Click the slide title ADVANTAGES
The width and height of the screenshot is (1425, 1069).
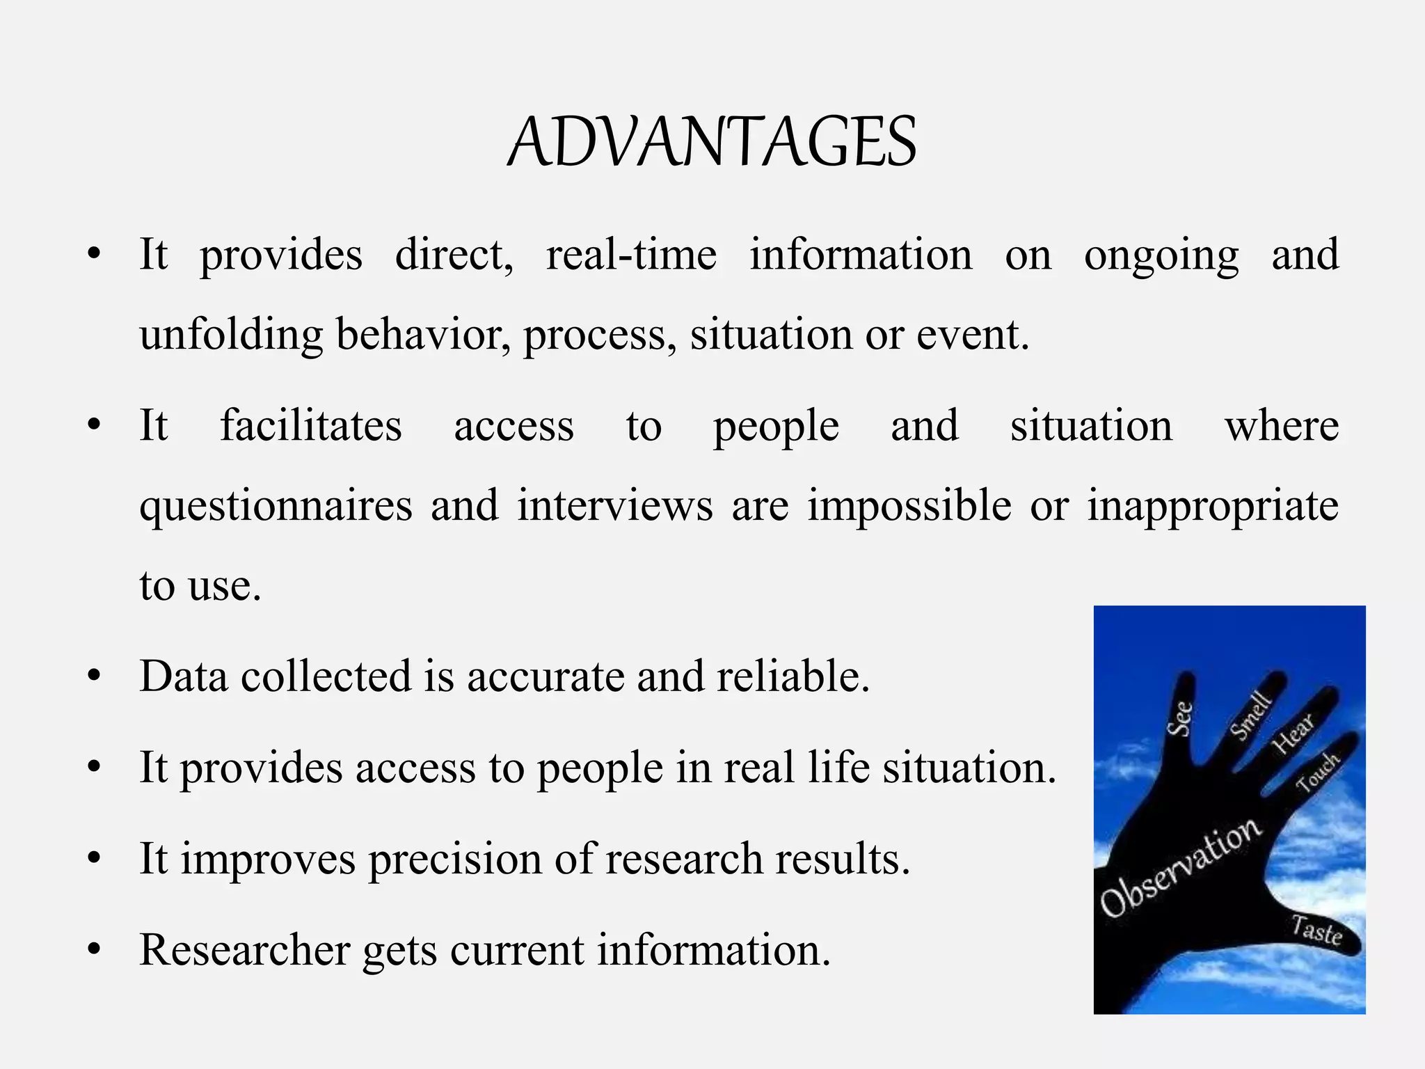pyautogui.click(x=712, y=143)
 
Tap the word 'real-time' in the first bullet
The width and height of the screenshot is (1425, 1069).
pyautogui.click(x=631, y=255)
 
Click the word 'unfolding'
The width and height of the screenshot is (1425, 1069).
pyautogui.click(x=231, y=335)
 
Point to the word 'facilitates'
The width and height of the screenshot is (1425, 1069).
pyautogui.click(x=311, y=426)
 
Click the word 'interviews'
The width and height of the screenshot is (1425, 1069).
pyautogui.click(x=615, y=505)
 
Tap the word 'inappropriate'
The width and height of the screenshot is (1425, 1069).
pyautogui.click(x=1213, y=506)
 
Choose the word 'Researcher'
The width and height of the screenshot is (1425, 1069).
pyautogui.click(x=245, y=950)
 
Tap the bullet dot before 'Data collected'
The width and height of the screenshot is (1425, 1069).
pyautogui.click(x=95, y=676)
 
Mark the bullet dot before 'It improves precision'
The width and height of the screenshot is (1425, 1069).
pyautogui.click(x=95, y=859)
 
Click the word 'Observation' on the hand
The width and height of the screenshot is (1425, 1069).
pyautogui.click(x=1180, y=866)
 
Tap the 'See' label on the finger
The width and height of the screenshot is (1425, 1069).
pyautogui.click(x=1180, y=718)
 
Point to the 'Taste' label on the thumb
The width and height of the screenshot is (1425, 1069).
pyautogui.click(x=1316, y=931)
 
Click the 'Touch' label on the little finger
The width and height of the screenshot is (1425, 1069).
pyautogui.click(x=1317, y=773)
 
